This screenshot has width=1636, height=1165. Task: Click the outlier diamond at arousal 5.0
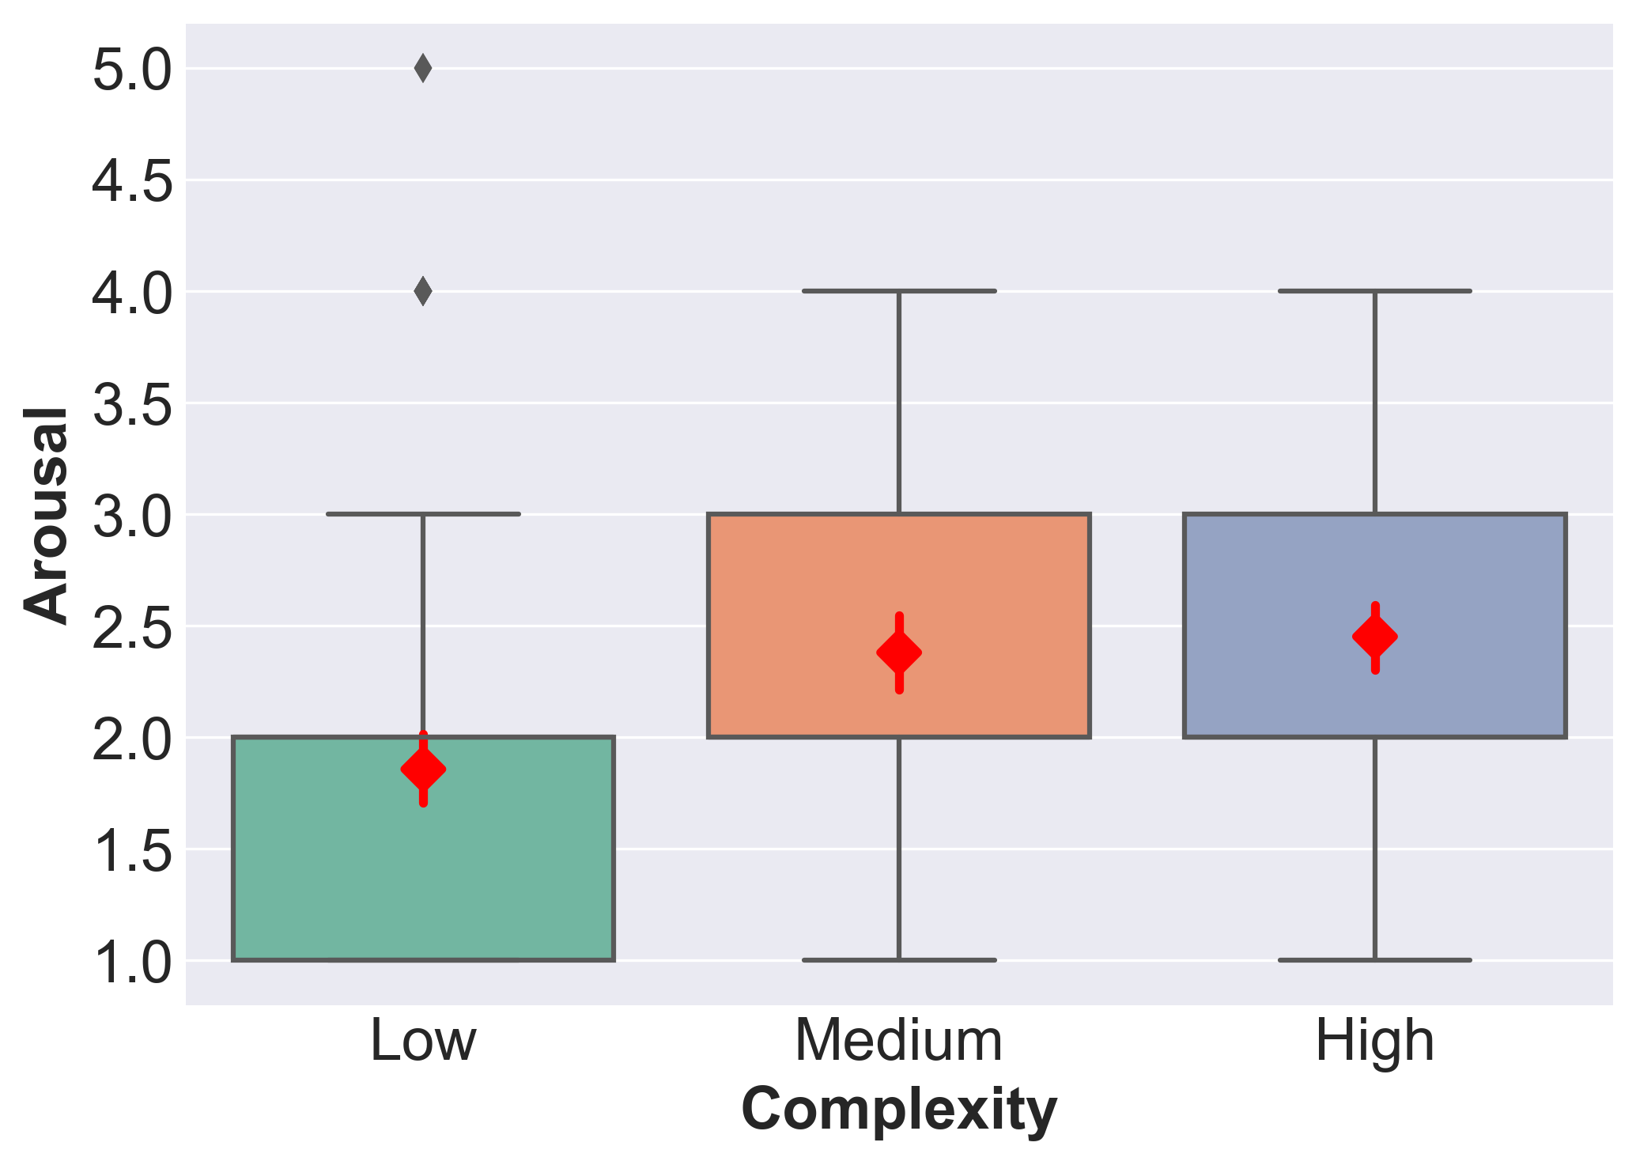point(423,69)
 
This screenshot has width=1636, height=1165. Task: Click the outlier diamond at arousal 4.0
point(423,291)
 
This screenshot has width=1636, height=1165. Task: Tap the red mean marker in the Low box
point(424,769)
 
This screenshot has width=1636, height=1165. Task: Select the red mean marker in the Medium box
point(899,653)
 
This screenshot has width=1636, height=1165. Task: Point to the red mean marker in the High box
point(1375,637)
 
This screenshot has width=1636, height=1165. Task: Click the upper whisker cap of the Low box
point(423,514)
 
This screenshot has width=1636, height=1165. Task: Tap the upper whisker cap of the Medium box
point(899,291)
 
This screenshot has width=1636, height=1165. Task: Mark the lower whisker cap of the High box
point(1375,960)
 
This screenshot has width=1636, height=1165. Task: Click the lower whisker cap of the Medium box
point(899,960)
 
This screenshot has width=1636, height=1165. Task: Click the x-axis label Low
point(423,1041)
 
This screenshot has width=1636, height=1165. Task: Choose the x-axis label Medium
point(899,1041)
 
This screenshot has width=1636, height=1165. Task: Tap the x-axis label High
point(1374,1041)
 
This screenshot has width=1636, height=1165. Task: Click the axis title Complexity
point(899,1110)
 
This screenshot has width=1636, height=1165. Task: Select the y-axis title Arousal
point(45,514)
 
